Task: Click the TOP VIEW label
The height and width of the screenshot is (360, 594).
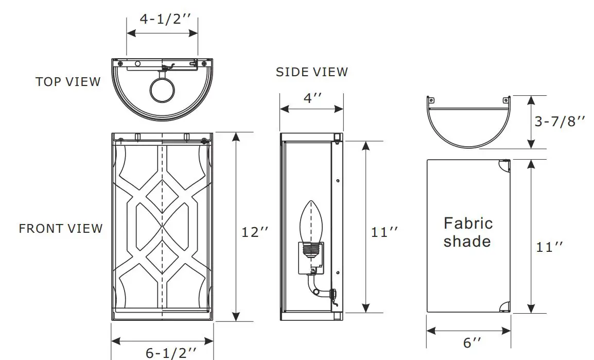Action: [68, 82]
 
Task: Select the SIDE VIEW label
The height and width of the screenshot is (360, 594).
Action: [311, 72]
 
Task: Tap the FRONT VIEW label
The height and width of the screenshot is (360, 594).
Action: [61, 228]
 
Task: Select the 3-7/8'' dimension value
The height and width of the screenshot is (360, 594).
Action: [560, 122]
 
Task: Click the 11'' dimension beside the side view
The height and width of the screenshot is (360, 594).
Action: [385, 232]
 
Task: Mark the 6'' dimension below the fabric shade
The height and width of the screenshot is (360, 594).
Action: [473, 342]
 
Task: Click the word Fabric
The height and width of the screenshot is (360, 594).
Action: [468, 224]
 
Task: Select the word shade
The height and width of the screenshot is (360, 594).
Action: [467, 241]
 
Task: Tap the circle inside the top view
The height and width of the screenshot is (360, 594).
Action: [162, 90]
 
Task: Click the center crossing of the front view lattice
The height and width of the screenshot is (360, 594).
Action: [163, 227]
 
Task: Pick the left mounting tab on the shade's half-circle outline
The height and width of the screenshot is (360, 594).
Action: [431, 100]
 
